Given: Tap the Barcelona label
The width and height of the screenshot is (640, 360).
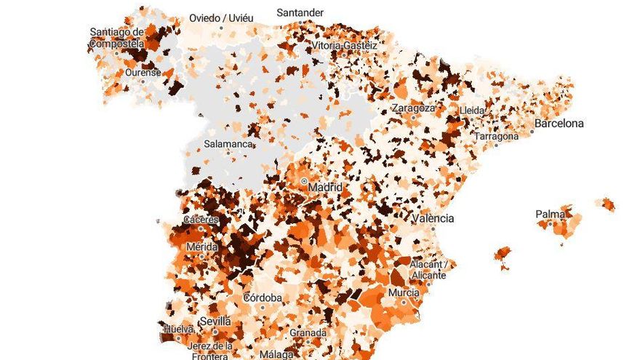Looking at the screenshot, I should click(559, 124).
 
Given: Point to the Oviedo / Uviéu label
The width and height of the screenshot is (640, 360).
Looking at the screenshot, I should click(220, 17).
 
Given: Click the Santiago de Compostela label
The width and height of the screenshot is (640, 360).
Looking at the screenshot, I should click(117, 38).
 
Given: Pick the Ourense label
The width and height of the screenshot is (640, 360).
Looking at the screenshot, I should click(143, 73).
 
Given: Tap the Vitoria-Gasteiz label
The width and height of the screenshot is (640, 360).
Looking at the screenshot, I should click(345, 45).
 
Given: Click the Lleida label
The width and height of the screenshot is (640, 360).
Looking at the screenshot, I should click(471, 111).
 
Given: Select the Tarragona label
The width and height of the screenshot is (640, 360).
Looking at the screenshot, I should click(497, 136).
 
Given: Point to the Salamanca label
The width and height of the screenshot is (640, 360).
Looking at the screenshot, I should click(228, 144).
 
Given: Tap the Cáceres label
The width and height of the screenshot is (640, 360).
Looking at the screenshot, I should click(200, 220).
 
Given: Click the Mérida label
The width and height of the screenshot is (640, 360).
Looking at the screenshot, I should click(201, 247).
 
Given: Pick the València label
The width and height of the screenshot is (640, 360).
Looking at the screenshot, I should click(433, 218).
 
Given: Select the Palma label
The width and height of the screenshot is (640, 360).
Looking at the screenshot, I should click(551, 215).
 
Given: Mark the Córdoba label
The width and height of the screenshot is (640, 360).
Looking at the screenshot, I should click(262, 297).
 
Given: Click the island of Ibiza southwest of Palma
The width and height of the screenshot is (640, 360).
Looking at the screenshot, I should click(502, 256).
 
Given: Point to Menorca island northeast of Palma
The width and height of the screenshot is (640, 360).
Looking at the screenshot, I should click(605, 204).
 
